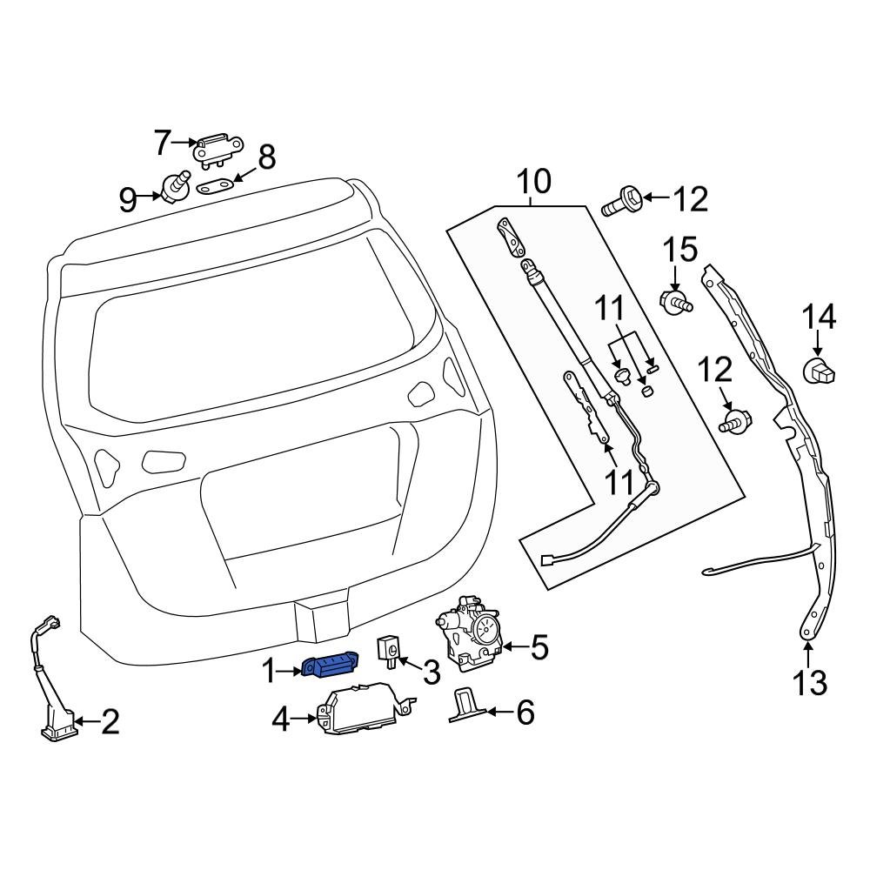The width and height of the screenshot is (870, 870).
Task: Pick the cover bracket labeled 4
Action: (361, 708)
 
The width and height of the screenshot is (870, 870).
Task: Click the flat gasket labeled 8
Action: (217, 186)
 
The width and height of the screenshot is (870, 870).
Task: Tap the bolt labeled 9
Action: (176, 186)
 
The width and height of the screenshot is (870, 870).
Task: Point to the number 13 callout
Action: (810, 684)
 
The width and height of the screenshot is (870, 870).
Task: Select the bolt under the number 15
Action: (675, 303)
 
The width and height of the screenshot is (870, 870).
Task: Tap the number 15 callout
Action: (681, 251)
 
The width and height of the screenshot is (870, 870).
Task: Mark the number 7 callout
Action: (162, 143)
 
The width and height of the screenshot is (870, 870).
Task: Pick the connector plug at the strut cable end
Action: (548, 561)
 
